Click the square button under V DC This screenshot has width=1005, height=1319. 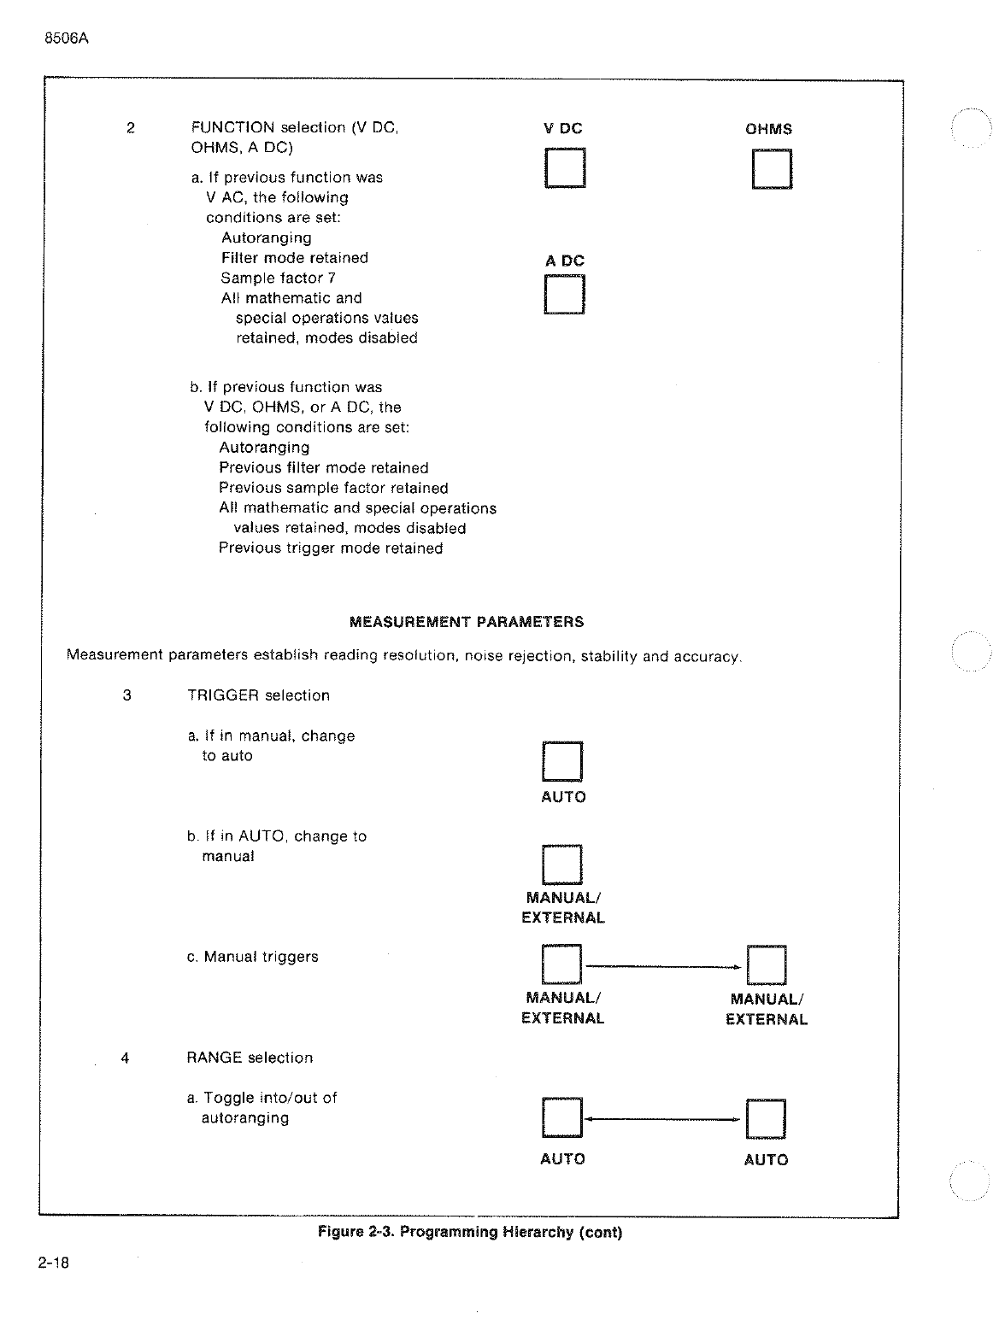pyautogui.click(x=564, y=167)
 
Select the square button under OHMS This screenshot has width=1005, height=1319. pyautogui.click(x=772, y=168)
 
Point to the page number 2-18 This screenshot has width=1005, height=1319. pyautogui.click(x=53, y=1263)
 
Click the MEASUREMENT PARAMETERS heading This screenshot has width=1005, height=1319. pyautogui.click(x=467, y=622)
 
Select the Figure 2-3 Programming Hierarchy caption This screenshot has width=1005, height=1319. pyautogui.click(x=470, y=1232)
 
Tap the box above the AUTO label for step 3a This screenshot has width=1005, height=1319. pyautogui.click(x=562, y=761)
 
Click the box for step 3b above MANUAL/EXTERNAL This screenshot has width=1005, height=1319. pyautogui.click(x=562, y=864)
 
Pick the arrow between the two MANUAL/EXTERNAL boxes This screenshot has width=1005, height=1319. pyautogui.click(x=664, y=967)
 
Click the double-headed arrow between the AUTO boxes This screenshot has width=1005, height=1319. pyautogui.click(x=664, y=1119)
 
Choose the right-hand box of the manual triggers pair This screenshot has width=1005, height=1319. pyautogui.click(x=767, y=965)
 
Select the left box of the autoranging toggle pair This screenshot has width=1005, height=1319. pyautogui.click(x=562, y=1117)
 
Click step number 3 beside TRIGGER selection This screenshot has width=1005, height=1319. pyautogui.click(x=127, y=695)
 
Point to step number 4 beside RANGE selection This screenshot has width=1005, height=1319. pyautogui.click(x=126, y=1058)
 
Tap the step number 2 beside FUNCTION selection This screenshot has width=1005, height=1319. pyautogui.click(x=130, y=128)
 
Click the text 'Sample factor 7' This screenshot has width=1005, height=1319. pyautogui.click(x=278, y=278)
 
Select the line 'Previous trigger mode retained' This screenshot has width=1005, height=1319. pyautogui.click(x=331, y=548)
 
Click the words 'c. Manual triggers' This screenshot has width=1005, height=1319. pyautogui.click(x=252, y=957)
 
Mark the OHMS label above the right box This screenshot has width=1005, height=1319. pyautogui.click(x=768, y=130)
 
